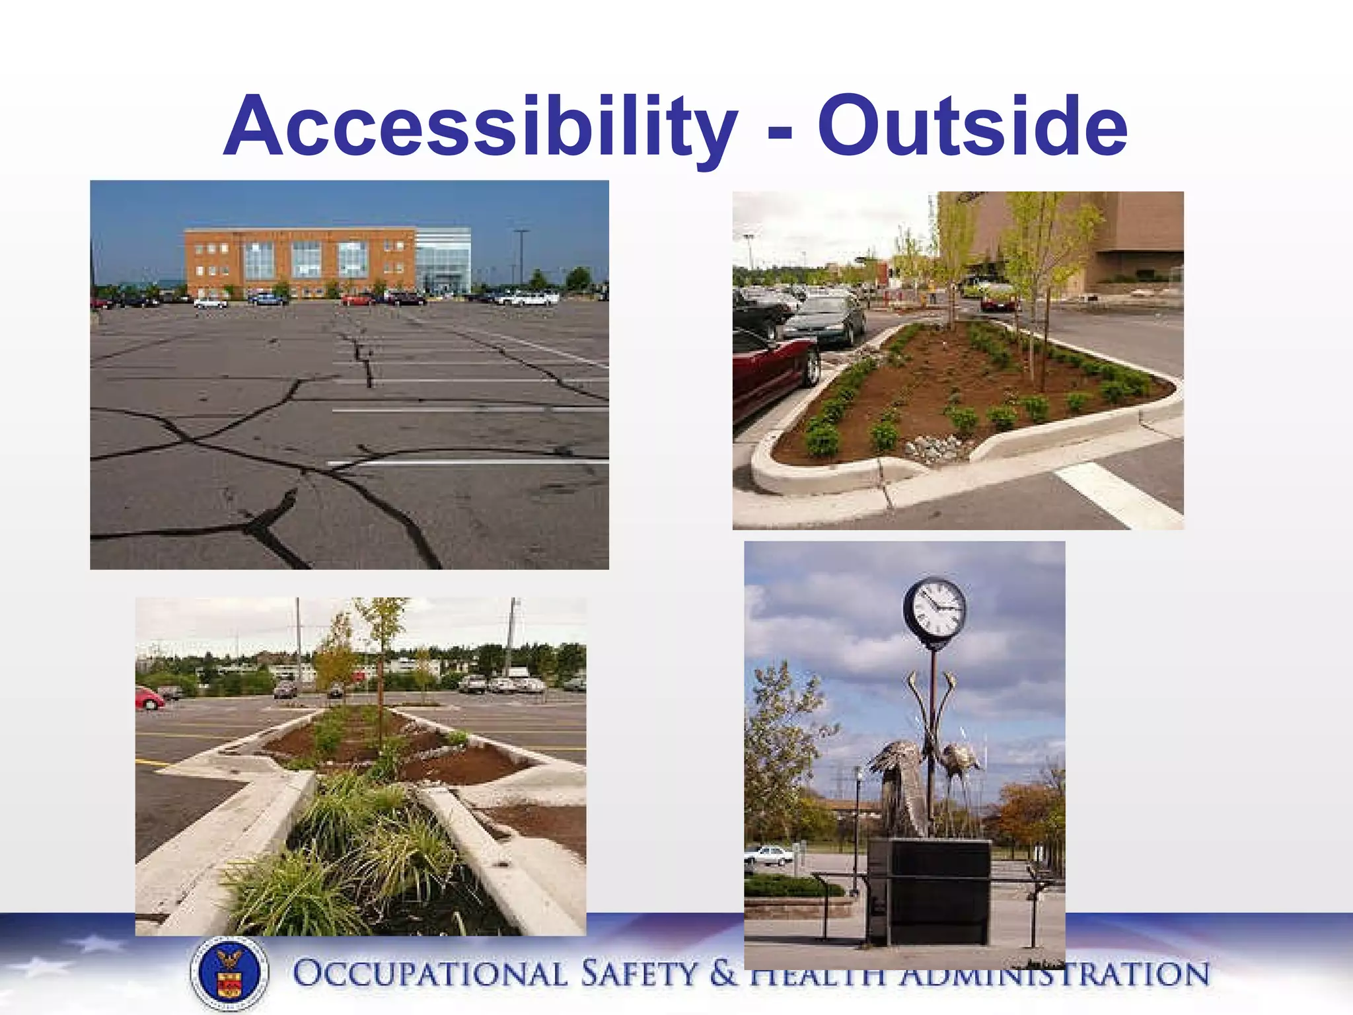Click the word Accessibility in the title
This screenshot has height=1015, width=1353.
(x=480, y=127)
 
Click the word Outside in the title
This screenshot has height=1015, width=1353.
(x=972, y=127)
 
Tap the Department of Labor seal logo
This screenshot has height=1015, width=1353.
(x=229, y=972)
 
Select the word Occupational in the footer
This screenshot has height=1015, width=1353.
(x=429, y=975)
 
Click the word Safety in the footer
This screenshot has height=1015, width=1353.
(x=638, y=975)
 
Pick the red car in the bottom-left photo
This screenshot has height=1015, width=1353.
(x=149, y=698)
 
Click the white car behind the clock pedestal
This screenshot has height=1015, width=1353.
(x=768, y=856)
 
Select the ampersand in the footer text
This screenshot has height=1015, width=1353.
(x=723, y=975)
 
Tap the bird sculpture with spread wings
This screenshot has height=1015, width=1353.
(x=898, y=786)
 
